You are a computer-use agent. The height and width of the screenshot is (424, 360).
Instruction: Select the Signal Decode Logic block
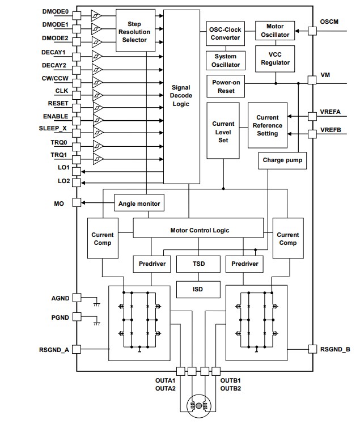[x=181, y=96]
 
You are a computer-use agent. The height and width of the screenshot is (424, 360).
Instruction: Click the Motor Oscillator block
[x=276, y=30]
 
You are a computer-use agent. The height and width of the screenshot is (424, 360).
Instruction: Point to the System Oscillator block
[x=225, y=61]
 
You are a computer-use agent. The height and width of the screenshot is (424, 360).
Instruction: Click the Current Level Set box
[x=223, y=132]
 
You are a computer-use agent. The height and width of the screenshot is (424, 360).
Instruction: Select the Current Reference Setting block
[x=267, y=125]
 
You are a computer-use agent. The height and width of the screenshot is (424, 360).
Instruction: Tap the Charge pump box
[x=283, y=160]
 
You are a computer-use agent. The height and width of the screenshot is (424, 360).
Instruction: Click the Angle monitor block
[x=139, y=203]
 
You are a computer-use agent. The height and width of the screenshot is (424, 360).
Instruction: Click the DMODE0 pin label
[x=55, y=12]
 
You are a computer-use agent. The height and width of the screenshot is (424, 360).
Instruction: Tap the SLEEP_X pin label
[x=57, y=129]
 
